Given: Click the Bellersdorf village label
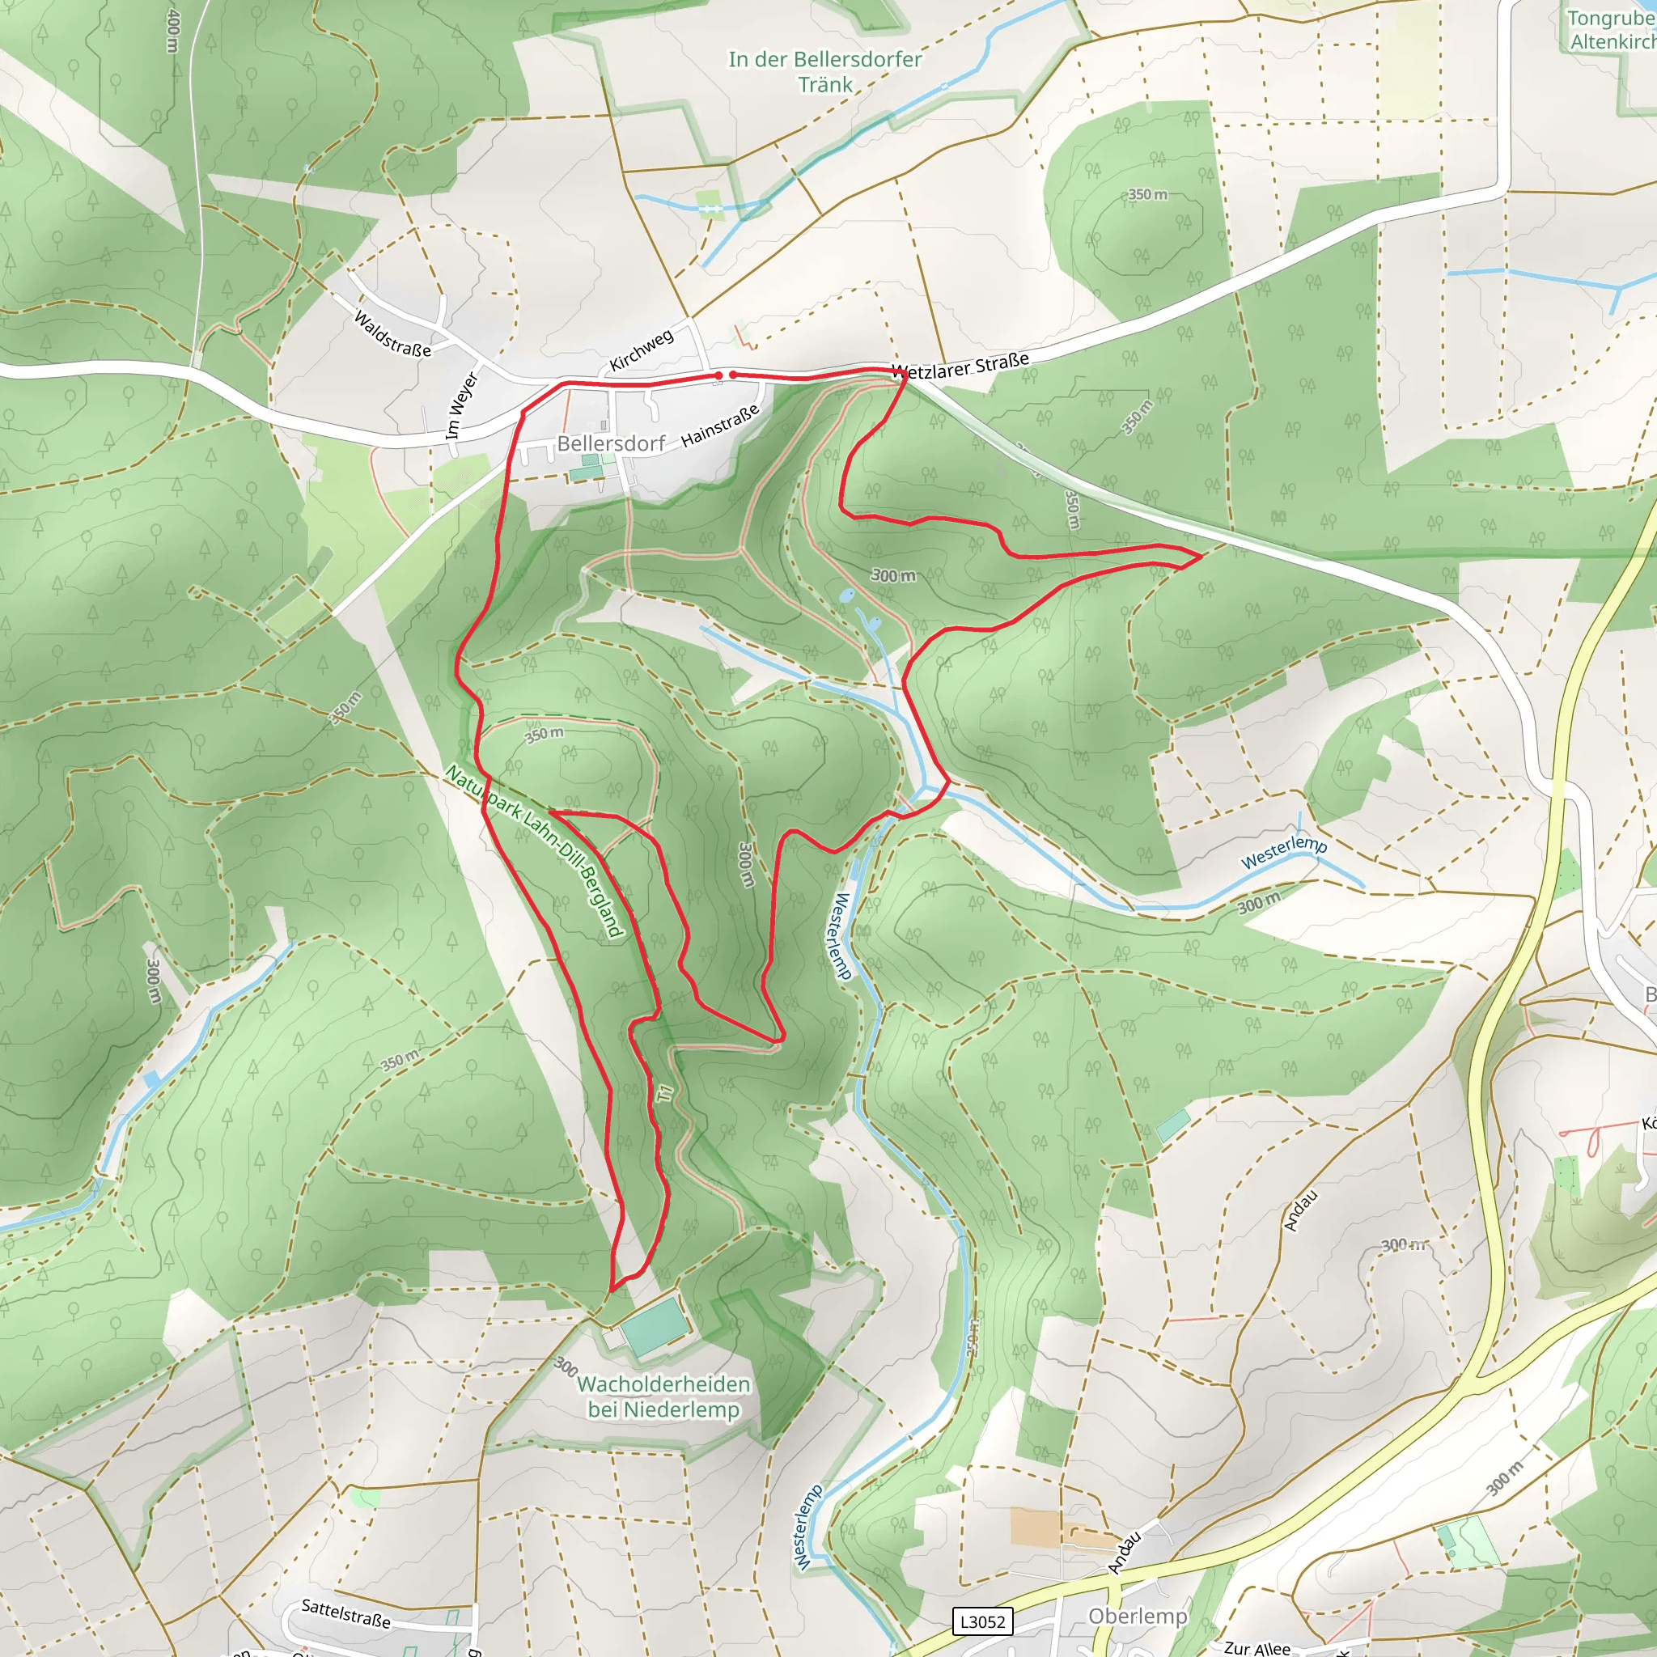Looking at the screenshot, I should [x=611, y=443].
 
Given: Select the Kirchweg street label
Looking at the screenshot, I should [x=641, y=350].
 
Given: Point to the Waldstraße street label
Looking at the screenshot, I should [x=392, y=333].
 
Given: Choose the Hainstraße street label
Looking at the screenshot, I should [x=719, y=426].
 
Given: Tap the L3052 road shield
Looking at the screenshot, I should [x=982, y=1621].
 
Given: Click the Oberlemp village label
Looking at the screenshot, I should [x=1138, y=1616].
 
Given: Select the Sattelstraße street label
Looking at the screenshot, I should [x=345, y=1613].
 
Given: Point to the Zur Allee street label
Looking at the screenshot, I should [x=1257, y=1647].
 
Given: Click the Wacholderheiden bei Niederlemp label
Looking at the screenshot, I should [x=663, y=1396].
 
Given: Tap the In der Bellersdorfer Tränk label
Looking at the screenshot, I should [x=825, y=71].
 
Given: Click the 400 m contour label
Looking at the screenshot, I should [x=173, y=32].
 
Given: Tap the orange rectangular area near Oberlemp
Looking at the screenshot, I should [x=1035, y=1527].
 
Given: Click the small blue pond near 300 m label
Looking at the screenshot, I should [x=846, y=595].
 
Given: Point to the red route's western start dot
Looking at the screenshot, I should [x=718, y=375].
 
